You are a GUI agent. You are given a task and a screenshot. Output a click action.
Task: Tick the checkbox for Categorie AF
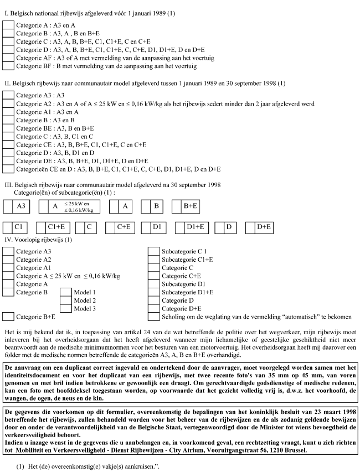(x=8, y=58)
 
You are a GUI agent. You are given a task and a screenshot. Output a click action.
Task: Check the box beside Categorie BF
(x=8, y=66)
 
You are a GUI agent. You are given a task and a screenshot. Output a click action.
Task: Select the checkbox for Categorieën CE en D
(x=8, y=169)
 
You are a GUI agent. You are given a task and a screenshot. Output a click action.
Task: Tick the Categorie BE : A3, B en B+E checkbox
(x=8, y=127)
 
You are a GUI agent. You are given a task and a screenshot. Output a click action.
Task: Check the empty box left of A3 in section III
(x=8, y=206)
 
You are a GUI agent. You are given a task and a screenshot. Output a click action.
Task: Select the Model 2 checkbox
(x=66, y=300)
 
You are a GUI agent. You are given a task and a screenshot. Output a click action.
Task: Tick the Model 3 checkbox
(x=66, y=308)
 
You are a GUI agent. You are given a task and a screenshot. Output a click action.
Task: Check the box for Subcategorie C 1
(x=153, y=251)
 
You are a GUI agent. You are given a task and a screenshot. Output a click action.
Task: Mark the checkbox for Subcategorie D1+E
(x=153, y=292)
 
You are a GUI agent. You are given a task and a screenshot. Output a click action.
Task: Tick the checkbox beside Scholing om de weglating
(x=153, y=317)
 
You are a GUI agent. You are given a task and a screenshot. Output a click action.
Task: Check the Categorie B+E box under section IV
(x=8, y=317)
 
